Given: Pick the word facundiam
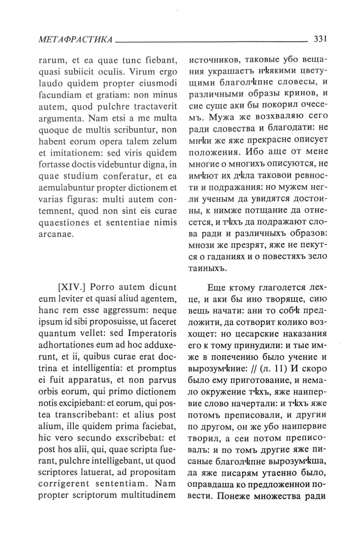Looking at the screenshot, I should [60, 95].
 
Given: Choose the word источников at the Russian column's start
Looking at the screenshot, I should [213, 61].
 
